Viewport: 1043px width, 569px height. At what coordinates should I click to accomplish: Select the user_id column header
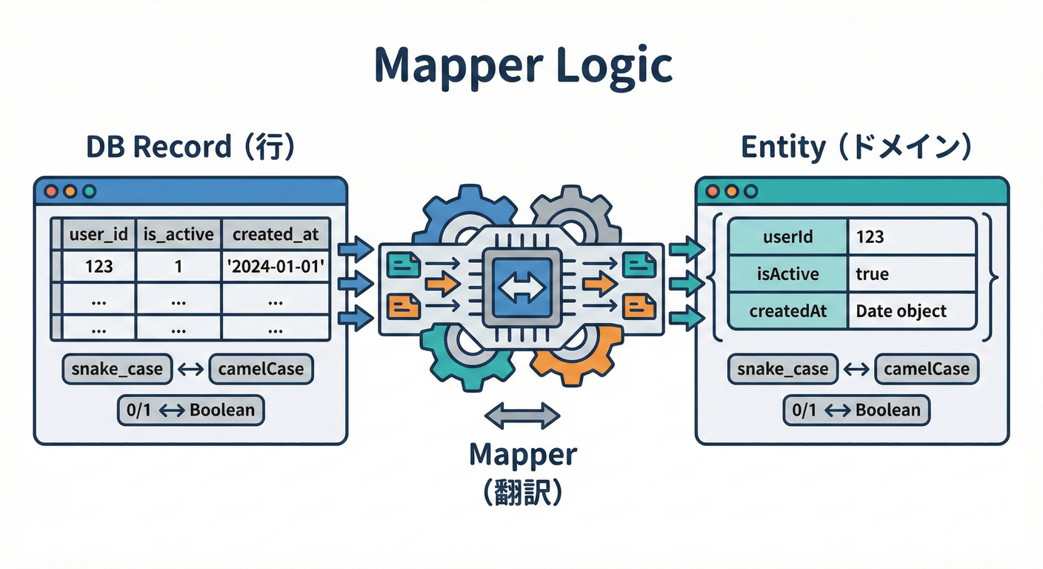click(98, 235)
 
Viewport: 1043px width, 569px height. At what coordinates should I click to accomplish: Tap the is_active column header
click(178, 235)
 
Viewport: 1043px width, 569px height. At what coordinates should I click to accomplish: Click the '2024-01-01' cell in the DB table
click(276, 265)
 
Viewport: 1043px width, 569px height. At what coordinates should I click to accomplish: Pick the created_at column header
click(276, 235)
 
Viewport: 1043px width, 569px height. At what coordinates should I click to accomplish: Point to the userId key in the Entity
click(787, 236)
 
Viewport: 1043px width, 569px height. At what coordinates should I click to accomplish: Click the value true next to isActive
click(872, 274)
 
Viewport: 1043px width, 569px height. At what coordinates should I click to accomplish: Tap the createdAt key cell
click(787, 311)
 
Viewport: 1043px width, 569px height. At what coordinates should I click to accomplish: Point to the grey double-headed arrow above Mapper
click(521, 416)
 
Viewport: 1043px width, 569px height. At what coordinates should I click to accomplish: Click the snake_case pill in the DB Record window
click(117, 369)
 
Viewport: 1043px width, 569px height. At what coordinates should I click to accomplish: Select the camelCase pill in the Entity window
click(926, 369)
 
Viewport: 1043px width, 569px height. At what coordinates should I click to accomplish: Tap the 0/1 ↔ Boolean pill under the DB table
click(190, 410)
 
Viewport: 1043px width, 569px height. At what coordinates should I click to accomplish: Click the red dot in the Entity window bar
click(713, 191)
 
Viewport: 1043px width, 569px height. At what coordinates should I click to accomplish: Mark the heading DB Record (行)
click(190, 147)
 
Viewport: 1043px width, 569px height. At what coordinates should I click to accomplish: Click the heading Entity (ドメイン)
click(856, 147)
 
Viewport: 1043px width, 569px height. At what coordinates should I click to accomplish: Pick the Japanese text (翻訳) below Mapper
click(522, 492)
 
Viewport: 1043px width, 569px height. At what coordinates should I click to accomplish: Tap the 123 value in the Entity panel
click(870, 236)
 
